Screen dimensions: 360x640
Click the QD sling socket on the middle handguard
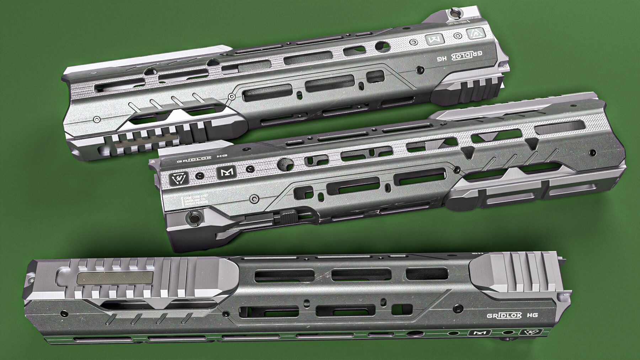[x=194, y=217]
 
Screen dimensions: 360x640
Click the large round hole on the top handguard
[x=383, y=45]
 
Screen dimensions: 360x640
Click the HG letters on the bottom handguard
[x=532, y=315]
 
